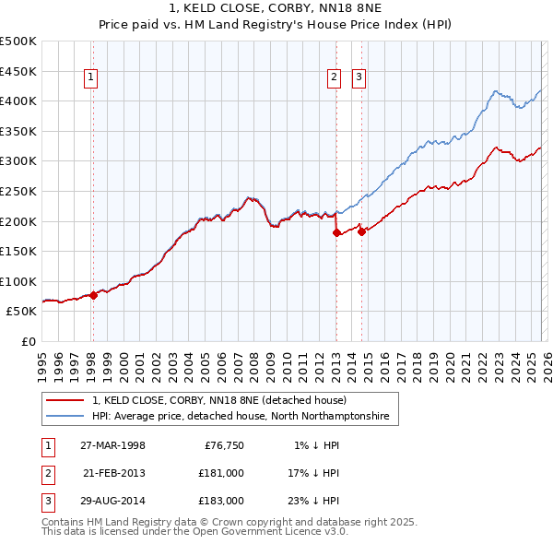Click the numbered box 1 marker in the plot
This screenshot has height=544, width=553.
92,78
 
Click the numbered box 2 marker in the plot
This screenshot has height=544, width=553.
333,78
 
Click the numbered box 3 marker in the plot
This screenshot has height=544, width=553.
359,78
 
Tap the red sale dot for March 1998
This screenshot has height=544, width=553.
94,295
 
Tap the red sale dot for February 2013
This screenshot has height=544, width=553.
336,232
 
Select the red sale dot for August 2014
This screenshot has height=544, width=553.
361,231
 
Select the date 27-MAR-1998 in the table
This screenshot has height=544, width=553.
112,445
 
